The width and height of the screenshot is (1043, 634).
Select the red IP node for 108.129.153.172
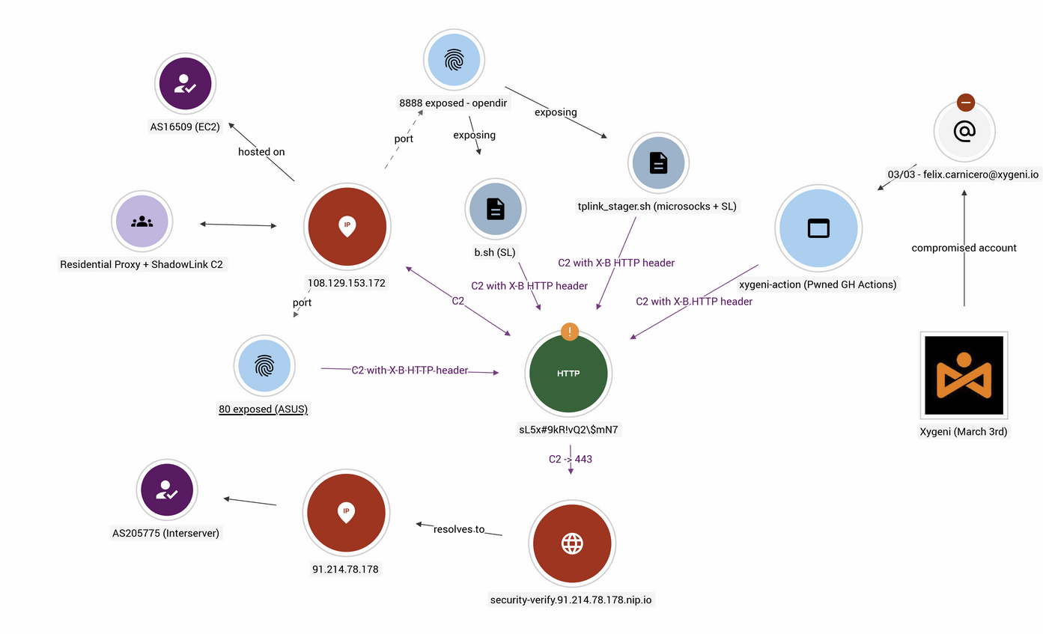[x=346, y=225]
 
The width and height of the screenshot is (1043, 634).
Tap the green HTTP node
[x=569, y=373]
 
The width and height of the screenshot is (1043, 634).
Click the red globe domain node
[x=572, y=543]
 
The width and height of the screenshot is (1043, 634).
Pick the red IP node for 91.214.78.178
[x=345, y=513]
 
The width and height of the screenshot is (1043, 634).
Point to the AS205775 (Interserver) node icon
[x=165, y=490]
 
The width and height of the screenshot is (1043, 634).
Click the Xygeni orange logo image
[x=964, y=375]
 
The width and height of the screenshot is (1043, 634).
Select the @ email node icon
[x=964, y=132]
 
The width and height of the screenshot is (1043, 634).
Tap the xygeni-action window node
[x=820, y=228]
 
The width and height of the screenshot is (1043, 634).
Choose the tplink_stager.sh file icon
[x=659, y=162]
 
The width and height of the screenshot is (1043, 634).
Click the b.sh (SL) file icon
[x=496, y=208]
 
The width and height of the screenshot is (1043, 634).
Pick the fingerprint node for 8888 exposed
[x=452, y=59]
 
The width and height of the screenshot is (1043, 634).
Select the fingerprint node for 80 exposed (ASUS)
[x=264, y=365]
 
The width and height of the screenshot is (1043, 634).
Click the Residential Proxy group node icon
[x=142, y=222]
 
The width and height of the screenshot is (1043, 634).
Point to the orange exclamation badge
[x=570, y=332]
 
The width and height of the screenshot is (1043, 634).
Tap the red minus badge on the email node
[x=965, y=103]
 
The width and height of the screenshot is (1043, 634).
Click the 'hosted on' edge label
[x=261, y=152]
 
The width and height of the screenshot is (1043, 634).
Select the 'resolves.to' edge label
[x=459, y=529]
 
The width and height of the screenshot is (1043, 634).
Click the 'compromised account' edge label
[x=964, y=248]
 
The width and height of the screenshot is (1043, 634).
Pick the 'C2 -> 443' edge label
[x=571, y=459]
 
